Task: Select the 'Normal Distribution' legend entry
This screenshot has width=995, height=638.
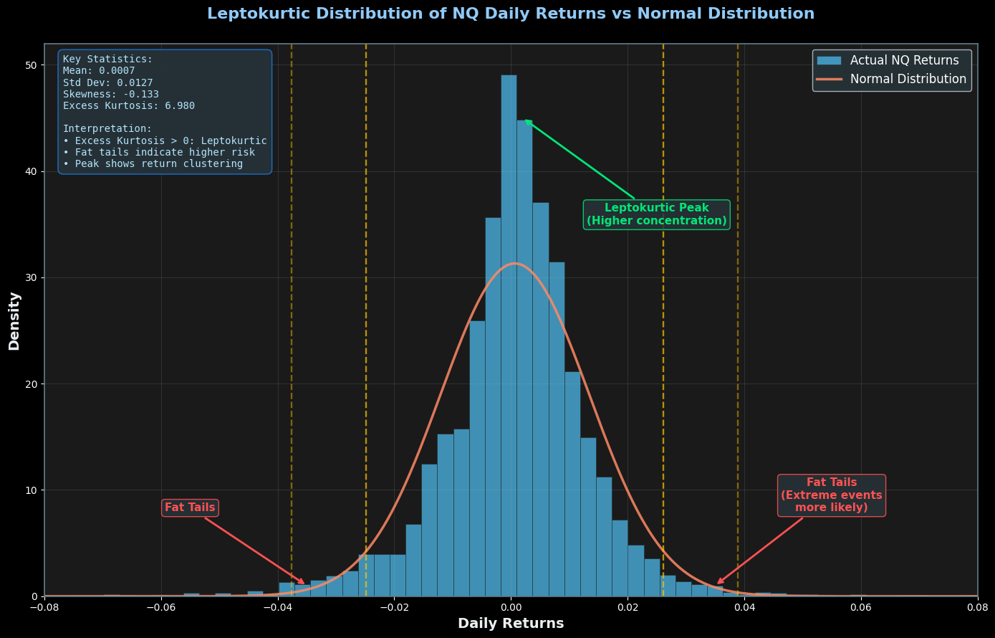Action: [x=908, y=80]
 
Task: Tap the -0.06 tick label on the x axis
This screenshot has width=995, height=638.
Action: [x=160, y=607]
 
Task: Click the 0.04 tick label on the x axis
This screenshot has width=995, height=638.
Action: [x=744, y=607]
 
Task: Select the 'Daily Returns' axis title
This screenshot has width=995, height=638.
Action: [x=511, y=624]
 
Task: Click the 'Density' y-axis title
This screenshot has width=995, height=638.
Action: [x=14, y=320]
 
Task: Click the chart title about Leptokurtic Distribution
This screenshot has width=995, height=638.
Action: [x=511, y=14]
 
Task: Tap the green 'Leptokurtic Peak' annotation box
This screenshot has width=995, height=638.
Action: [x=656, y=214]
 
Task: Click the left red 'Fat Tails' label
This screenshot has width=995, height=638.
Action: [x=190, y=508]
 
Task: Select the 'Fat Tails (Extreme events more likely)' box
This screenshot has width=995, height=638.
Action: [x=831, y=495]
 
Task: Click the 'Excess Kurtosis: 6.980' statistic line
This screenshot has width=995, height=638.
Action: [x=129, y=106]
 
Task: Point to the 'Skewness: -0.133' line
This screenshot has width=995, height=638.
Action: [x=111, y=95]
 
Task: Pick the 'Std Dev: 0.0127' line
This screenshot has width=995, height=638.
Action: [x=108, y=82]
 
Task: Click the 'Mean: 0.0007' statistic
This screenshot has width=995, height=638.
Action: [x=99, y=71]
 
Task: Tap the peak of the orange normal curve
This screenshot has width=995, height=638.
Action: [x=514, y=263]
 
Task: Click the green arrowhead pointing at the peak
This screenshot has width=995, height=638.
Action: [x=527, y=121]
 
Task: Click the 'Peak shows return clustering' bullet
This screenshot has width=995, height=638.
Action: [x=153, y=164]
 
